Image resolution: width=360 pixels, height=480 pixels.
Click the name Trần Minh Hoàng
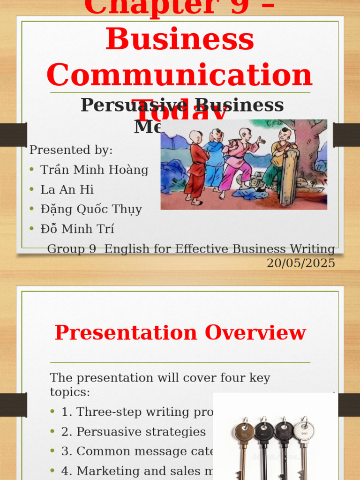[x=94, y=170]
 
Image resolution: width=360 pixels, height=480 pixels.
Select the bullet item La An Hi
[x=67, y=189]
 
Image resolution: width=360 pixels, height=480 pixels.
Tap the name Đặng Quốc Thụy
[x=91, y=209]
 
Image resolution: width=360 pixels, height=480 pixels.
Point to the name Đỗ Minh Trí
[x=77, y=229]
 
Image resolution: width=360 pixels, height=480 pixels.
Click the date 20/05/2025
[x=301, y=263]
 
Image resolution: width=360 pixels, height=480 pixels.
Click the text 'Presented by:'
[x=71, y=150]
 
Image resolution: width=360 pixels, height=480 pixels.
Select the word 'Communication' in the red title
[x=180, y=75]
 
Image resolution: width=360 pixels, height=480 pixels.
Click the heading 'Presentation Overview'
[x=180, y=332]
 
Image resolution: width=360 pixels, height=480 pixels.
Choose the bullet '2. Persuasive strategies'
[x=134, y=431]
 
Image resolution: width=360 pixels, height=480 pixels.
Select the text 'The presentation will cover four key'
[x=160, y=378]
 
